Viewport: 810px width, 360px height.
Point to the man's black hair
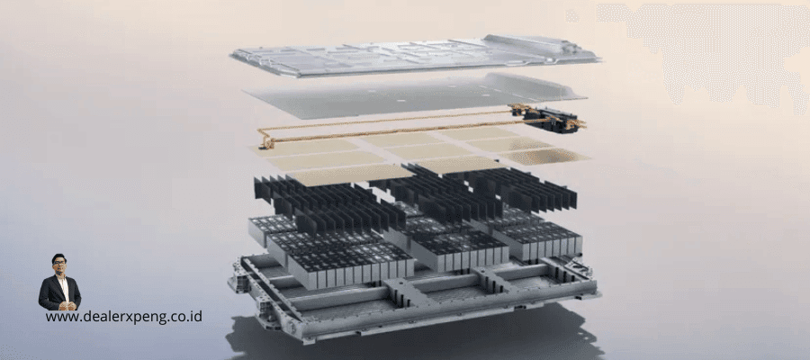point(58,257)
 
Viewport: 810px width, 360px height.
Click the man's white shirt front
point(62,287)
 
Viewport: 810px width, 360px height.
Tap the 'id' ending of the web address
point(197,316)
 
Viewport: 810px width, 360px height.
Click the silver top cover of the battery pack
point(416,55)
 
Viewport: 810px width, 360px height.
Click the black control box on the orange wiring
point(550,121)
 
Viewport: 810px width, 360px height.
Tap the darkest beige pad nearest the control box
point(545,157)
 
